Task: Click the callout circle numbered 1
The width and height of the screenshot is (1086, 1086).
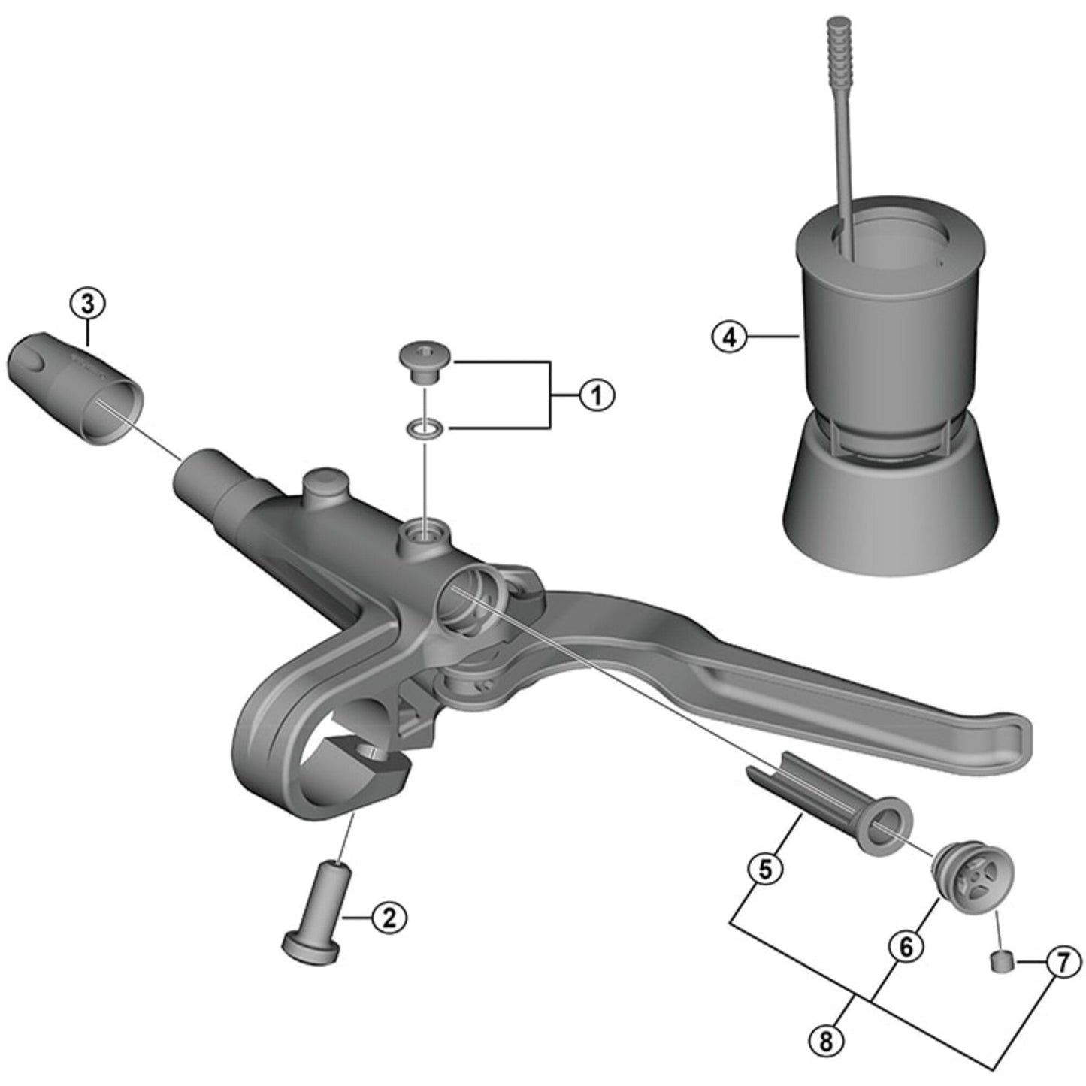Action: coord(597,395)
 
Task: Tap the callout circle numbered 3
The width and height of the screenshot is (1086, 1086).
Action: coord(88,304)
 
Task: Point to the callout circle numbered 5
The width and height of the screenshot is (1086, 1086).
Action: coord(765,870)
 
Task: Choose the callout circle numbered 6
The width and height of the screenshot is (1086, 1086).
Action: coord(906,947)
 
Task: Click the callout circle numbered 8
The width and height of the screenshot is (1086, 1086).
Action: coord(827,1041)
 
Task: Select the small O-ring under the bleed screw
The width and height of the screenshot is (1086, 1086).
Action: coord(425,429)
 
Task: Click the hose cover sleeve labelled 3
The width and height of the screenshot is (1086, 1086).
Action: coord(75,391)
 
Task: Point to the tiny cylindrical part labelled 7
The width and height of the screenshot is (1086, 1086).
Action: coord(1001,960)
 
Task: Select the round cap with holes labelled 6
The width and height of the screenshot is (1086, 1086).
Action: coord(975,876)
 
